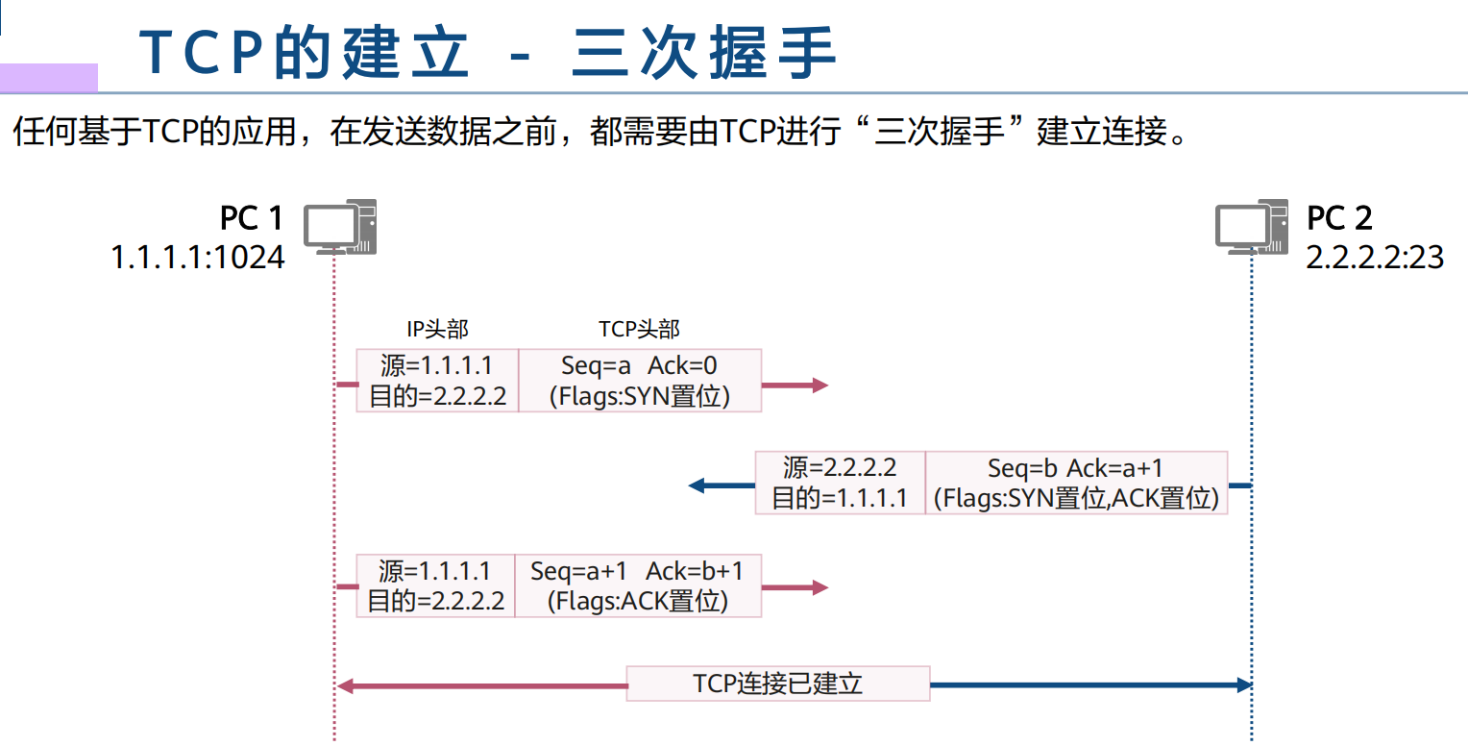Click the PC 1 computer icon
[339, 227]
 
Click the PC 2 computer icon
[1251, 227]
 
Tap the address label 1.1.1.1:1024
[198, 258]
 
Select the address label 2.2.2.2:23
[1375, 258]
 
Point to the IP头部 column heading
[437, 330]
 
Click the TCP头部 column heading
[639, 330]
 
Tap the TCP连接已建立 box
[778, 684]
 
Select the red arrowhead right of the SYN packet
[820, 385]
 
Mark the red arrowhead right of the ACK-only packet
[820, 587]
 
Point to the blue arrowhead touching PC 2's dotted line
[1245, 684]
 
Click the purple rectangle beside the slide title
[48, 77]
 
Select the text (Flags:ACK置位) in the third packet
[638, 602]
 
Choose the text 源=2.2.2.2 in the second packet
[840, 468]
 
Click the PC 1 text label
[252, 218]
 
